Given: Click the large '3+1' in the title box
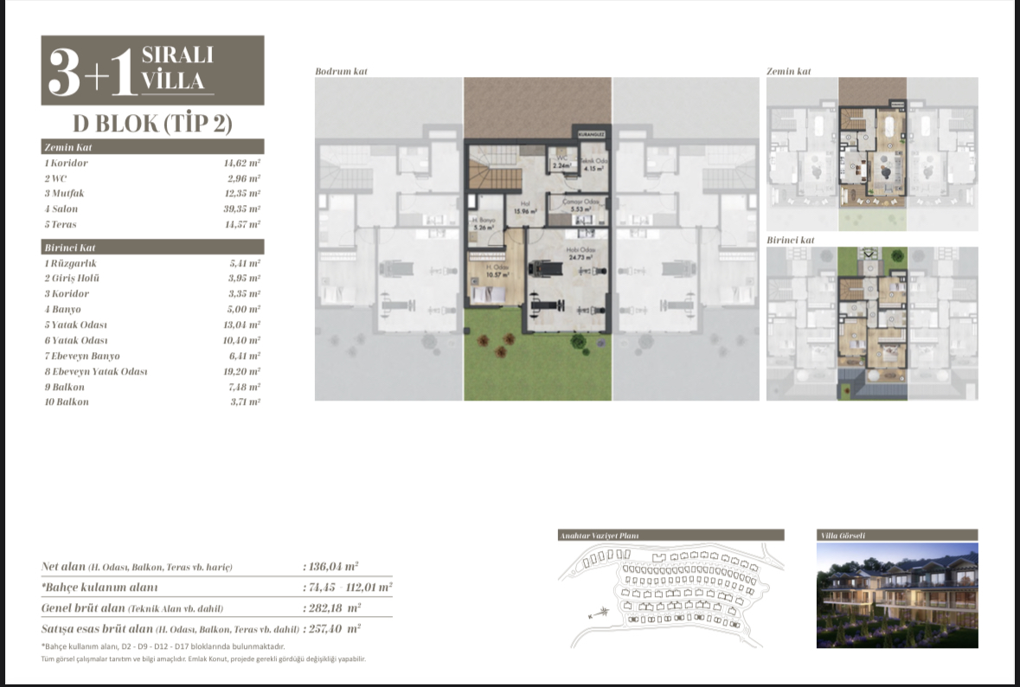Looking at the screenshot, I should pos(91,73).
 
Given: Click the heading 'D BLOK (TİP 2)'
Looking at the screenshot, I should pos(153,123).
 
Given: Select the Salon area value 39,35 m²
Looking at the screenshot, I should pos(242,209).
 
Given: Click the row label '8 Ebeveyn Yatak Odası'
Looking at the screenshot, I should pos(95,371).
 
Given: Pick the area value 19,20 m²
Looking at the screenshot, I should pos(242,371).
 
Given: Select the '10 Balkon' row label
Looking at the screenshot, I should pos(67,402).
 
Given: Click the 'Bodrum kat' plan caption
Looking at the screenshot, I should pos(341,71).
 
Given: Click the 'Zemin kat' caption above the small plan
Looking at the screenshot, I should pos(788,71).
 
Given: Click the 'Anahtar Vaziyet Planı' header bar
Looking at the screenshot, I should pos(671,535).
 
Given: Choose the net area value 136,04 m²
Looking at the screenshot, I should pos(333,567).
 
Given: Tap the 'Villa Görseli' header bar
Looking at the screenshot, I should pos(897,535).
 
